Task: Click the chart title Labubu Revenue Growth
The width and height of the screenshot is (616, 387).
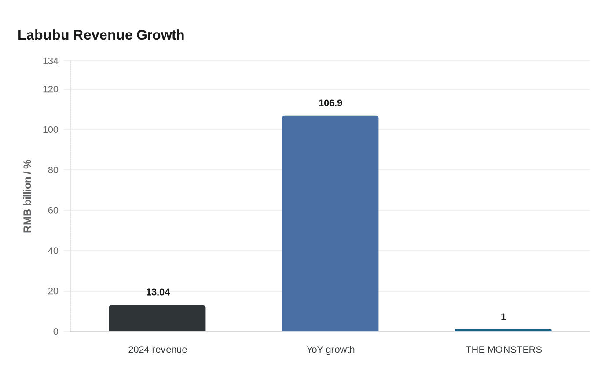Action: pyautogui.click(x=101, y=35)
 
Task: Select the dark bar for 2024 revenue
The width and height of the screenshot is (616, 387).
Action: pyautogui.click(x=157, y=318)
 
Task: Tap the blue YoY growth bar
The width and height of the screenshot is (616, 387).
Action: pyautogui.click(x=330, y=223)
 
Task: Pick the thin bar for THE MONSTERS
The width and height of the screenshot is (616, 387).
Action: pyautogui.click(x=503, y=330)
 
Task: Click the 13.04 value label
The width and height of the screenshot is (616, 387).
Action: pyautogui.click(x=158, y=292)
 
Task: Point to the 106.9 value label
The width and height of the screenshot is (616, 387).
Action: pyautogui.click(x=330, y=103)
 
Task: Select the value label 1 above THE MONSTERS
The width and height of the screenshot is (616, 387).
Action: pyautogui.click(x=503, y=317)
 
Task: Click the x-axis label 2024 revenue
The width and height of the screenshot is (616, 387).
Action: pyautogui.click(x=158, y=350)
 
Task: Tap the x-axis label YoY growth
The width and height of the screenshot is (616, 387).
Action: pyautogui.click(x=330, y=350)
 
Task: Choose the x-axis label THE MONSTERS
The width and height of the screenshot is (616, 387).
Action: pyautogui.click(x=503, y=350)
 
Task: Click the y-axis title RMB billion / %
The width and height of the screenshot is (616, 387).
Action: pyautogui.click(x=27, y=196)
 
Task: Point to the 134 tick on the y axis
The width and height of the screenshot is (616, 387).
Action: pyautogui.click(x=51, y=61)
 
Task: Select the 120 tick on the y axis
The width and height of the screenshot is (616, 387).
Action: pyautogui.click(x=51, y=89)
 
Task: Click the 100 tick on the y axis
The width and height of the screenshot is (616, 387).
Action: pyautogui.click(x=51, y=130)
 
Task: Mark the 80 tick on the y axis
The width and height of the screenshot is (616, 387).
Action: pyautogui.click(x=53, y=170)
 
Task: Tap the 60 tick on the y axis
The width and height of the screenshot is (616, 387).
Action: pyautogui.click(x=53, y=210)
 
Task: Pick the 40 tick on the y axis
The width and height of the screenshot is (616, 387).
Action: pyautogui.click(x=53, y=251)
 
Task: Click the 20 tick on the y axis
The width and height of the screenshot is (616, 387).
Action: pyautogui.click(x=53, y=291)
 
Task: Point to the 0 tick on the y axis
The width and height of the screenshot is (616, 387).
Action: pyautogui.click(x=55, y=332)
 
